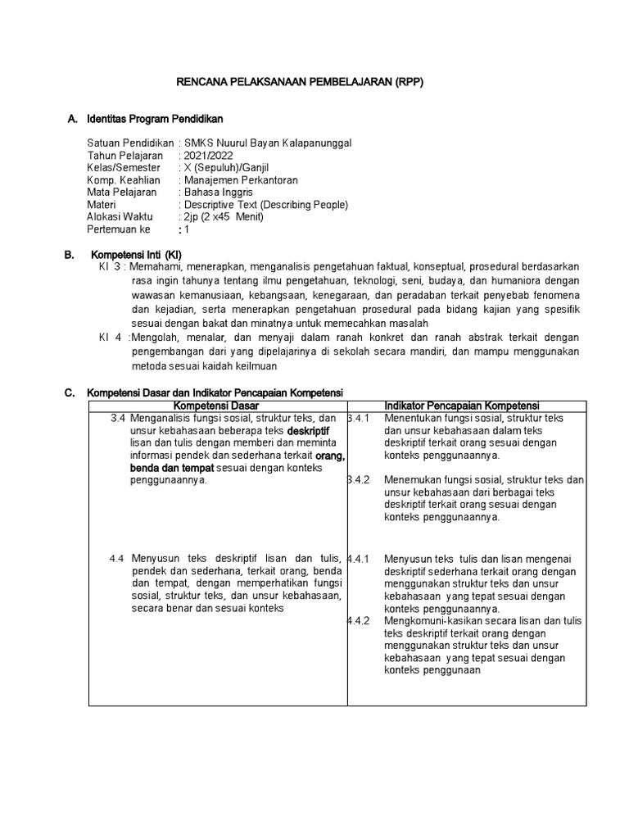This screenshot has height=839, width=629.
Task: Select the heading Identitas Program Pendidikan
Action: tap(155, 120)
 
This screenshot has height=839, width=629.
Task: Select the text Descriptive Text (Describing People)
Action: tap(266, 204)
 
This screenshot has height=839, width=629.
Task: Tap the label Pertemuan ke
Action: tap(119, 229)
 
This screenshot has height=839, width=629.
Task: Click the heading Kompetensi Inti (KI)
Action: tap(136, 255)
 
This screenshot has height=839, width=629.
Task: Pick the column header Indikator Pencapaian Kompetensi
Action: tap(462, 406)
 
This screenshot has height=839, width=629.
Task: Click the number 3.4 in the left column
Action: tap(118, 418)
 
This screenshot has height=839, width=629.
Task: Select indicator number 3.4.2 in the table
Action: tap(359, 479)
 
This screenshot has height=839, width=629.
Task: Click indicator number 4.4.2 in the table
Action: tap(359, 620)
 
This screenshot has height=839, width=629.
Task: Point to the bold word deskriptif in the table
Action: tap(308, 430)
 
